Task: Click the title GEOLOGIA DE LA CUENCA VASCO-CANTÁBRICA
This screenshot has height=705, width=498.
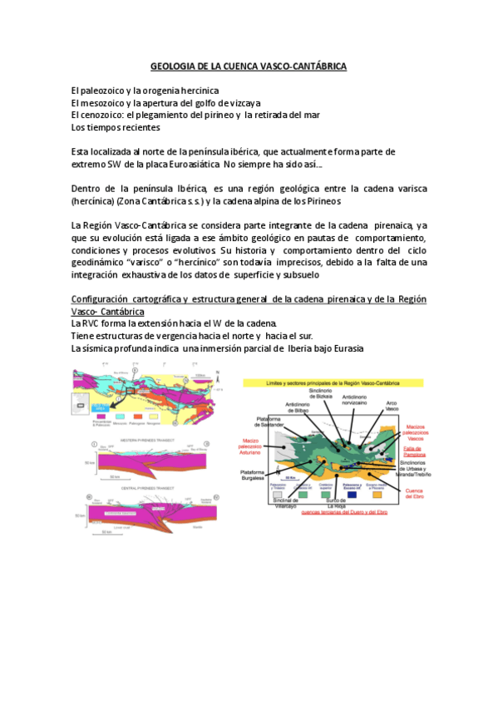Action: [249, 65]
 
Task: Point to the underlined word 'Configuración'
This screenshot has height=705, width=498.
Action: [106, 298]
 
